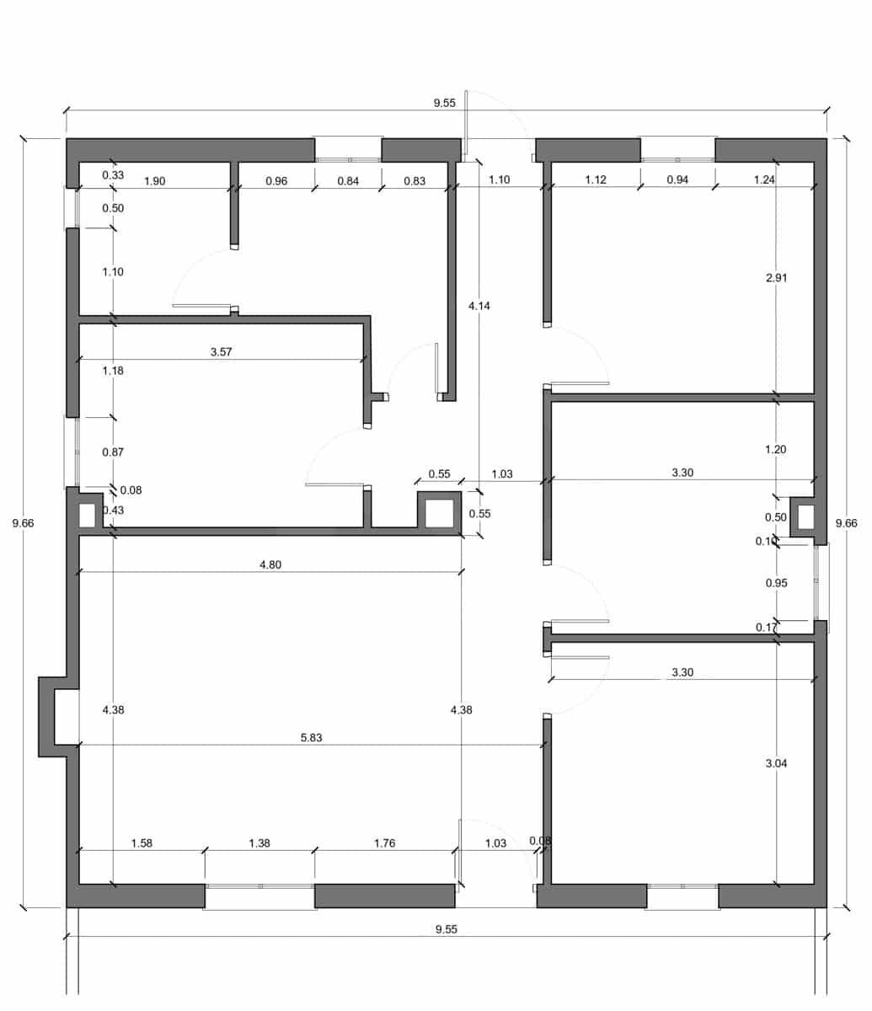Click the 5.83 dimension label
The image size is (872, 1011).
311,737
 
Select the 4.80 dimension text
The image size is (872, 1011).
270,564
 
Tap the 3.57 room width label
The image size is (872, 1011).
221,351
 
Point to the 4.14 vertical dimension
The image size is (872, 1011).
479,306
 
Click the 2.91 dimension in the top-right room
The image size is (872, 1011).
777,278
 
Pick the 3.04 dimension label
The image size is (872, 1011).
776,763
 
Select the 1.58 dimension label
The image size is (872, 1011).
142,842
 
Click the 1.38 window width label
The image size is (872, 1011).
259,842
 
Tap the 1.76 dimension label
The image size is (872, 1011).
385,842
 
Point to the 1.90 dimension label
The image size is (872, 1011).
154,181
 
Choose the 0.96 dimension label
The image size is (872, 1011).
276,181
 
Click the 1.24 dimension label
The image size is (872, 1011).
764,179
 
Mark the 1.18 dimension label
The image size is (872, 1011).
113,371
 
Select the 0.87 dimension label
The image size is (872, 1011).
113,452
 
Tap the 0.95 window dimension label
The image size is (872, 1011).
777,582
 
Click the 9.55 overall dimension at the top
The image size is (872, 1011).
445,103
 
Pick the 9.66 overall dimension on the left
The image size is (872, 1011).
23,523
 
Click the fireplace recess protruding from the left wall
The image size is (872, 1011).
46,717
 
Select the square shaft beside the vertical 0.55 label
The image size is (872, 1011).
439,513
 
